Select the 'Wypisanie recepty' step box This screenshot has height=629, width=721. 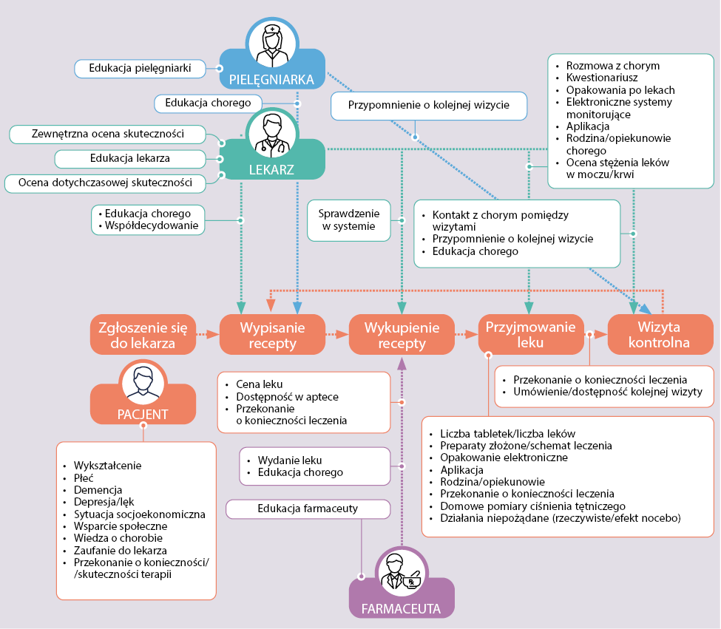point(272,335)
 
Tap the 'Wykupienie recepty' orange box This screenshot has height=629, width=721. point(402,335)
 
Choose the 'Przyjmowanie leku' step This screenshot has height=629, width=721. point(531,335)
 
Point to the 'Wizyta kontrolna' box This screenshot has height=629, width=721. point(660,335)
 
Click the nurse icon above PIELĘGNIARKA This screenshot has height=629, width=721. point(272,44)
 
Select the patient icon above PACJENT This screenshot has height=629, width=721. point(143,382)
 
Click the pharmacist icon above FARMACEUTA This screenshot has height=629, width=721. point(402,572)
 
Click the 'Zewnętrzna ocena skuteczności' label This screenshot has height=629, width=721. point(108,134)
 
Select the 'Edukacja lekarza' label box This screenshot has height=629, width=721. point(130,158)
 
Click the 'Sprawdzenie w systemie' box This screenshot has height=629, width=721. point(349,220)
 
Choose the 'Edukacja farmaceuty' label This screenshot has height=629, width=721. point(308,509)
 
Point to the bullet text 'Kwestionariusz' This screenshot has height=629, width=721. point(602,77)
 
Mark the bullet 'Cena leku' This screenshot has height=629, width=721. point(260,384)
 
